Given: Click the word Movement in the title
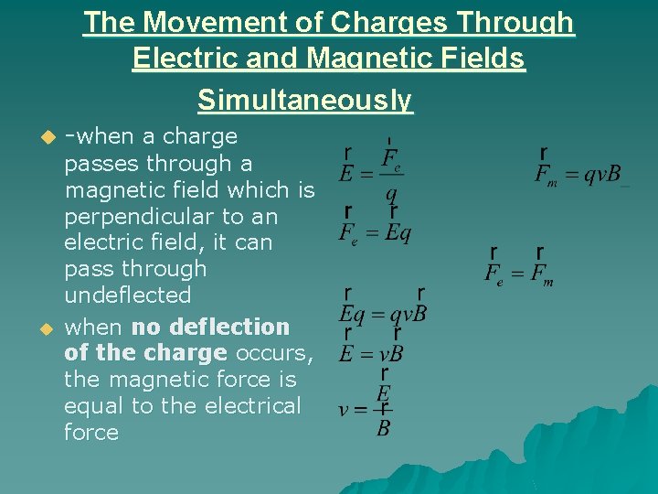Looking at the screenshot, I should pos(217,23).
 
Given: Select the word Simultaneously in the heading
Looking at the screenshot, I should pos(305,100).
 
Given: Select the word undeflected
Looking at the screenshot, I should pos(127,295).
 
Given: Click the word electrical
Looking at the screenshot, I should pos(247,405).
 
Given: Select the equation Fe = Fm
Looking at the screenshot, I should pos(519,273).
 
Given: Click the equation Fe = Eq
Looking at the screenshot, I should pos(375,232).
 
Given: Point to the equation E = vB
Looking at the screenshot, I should pos(371,352).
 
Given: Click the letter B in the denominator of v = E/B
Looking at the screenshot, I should pos(384,426).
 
